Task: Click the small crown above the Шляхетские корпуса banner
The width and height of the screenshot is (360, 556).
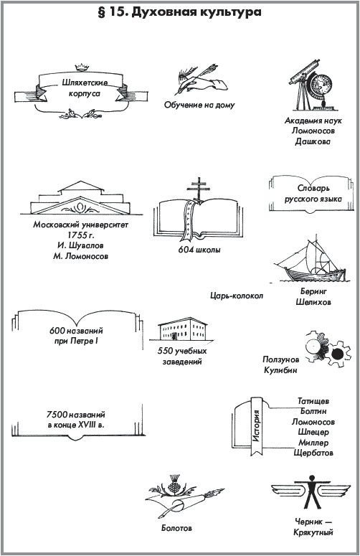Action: click(82, 67)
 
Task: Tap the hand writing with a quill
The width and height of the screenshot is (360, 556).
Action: click(203, 82)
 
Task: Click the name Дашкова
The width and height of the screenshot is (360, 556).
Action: click(313, 141)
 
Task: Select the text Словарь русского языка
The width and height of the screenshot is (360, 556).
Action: click(313, 194)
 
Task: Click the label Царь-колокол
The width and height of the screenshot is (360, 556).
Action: click(237, 296)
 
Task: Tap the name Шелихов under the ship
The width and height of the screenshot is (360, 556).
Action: click(313, 303)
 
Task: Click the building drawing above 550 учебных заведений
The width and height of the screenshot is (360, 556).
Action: click(182, 329)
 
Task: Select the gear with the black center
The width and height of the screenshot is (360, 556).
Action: click(338, 354)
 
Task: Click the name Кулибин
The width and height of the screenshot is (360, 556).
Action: click(280, 371)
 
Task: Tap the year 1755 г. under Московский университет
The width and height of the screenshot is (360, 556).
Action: click(81, 235)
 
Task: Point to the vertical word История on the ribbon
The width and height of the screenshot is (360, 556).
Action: click(257, 426)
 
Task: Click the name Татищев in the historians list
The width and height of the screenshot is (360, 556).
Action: click(313, 402)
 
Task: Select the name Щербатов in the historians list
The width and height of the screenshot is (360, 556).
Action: click(313, 453)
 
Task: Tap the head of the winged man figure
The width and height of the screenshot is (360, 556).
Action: click(312, 479)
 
